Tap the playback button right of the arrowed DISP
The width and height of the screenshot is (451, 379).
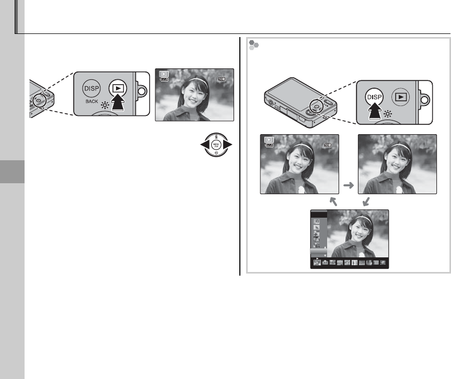click(400, 97)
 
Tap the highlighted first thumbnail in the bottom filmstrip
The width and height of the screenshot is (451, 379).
click(316, 264)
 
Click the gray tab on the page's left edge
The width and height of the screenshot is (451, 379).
click(12, 171)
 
